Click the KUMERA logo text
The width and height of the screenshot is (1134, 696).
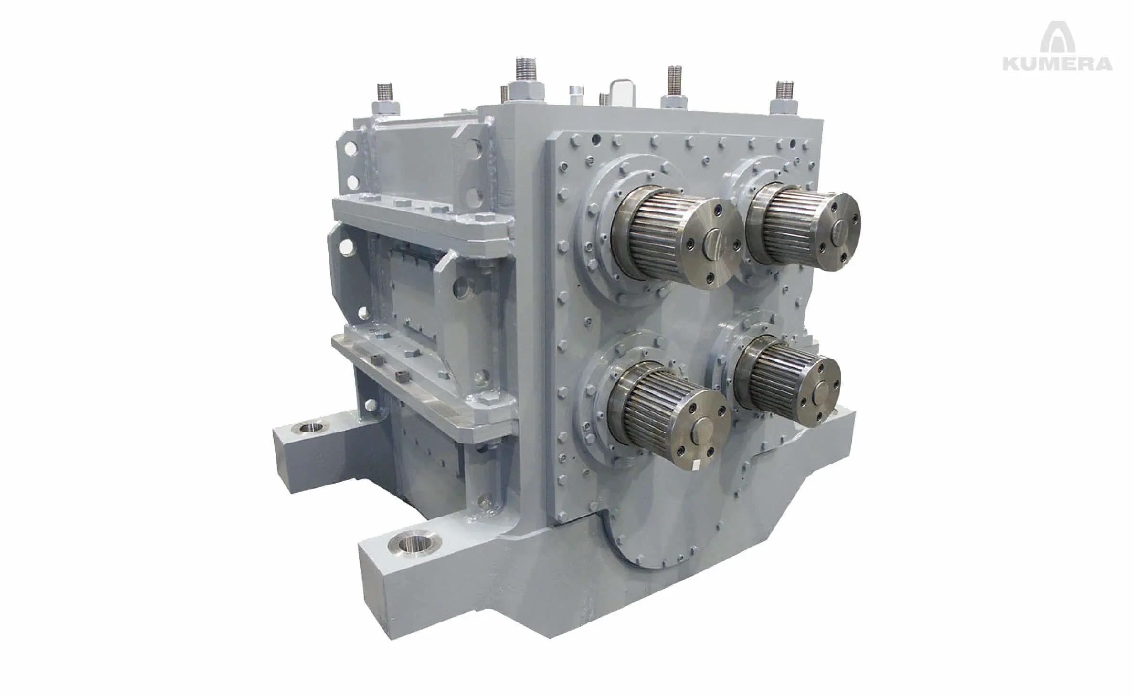tap(1057, 63)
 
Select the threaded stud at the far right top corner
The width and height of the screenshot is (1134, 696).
tap(785, 90)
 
